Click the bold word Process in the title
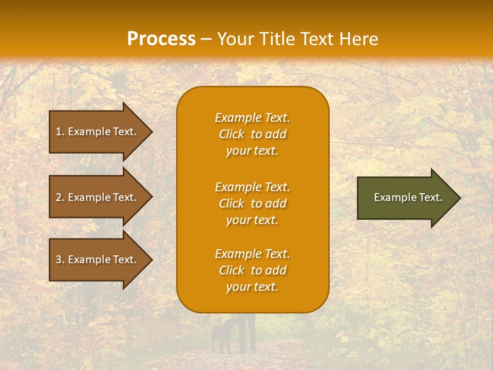(x=161, y=39)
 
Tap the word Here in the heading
(x=357, y=39)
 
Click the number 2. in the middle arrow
(x=60, y=197)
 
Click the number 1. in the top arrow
(x=60, y=132)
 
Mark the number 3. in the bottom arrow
(x=60, y=260)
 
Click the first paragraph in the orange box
(x=252, y=134)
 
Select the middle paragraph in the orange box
(x=252, y=203)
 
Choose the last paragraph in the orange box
(x=252, y=270)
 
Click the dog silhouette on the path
(x=222, y=336)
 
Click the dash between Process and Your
(x=206, y=40)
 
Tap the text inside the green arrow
(x=408, y=197)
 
